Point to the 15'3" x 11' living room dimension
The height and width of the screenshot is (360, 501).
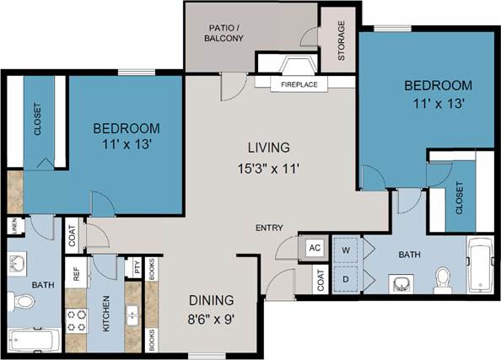coord(268,167)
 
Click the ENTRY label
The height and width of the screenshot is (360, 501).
coord(270,228)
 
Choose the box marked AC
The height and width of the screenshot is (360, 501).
coord(315,248)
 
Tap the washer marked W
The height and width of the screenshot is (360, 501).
coord(346,250)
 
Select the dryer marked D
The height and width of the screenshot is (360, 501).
coord(346,277)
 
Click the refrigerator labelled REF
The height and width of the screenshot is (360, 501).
coord(76,274)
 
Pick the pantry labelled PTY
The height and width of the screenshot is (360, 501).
coord(137,268)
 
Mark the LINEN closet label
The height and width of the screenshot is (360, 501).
coord(14,226)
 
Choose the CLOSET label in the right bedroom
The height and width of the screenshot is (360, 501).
coord(460,199)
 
